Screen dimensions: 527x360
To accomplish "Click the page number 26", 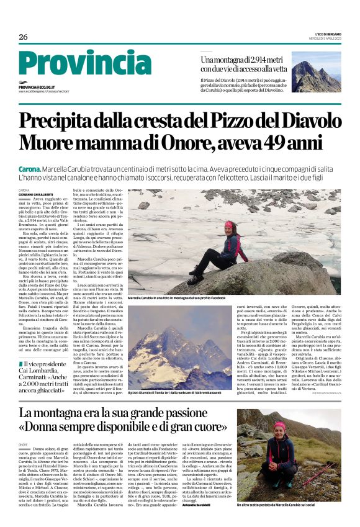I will pos(23,37).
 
